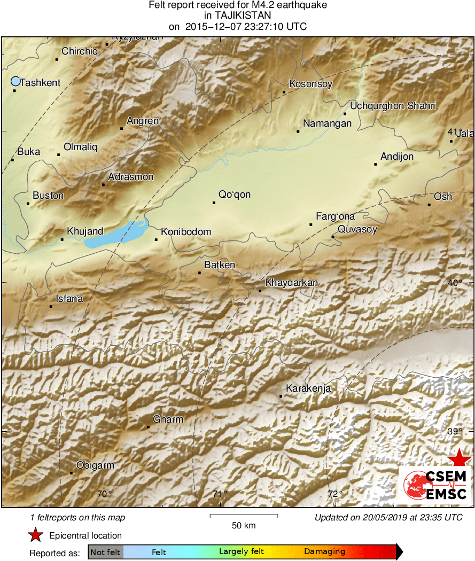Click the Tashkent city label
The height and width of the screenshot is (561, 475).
(x=40, y=82)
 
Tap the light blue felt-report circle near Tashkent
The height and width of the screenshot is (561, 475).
(x=15, y=81)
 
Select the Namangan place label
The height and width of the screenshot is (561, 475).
(x=327, y=124)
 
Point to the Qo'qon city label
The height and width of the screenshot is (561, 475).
(x=235, y=194)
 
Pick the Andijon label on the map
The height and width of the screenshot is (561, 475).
(x=397, y=157)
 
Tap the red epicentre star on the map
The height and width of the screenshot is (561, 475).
(x=459, y=458)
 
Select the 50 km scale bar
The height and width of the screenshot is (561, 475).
(x=244, y=516)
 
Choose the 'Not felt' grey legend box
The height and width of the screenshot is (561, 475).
(x=105, y=552)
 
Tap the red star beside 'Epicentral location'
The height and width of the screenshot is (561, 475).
(x=35, y=535)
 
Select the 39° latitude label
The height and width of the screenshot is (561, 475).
(x=455, y=432)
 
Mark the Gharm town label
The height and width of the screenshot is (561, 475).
(x=168, y=419)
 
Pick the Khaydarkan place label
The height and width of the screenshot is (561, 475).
(x=292, y=283)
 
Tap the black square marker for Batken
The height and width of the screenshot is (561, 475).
(x=200, y=273)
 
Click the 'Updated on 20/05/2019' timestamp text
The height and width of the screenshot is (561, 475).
(x=388, y=517)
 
